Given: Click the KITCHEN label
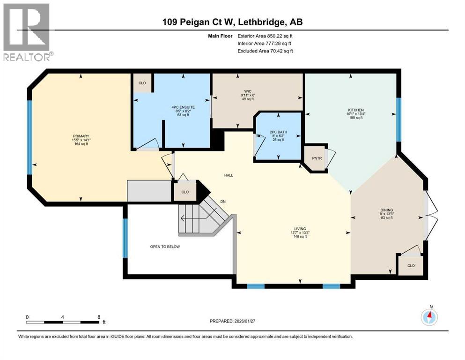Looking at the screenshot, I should click(356, 110).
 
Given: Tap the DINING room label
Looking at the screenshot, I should click(386, 210).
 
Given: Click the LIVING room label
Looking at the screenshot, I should click(300, 229).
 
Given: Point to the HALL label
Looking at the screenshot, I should click(229, 175).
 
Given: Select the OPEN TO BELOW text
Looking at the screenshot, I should click(165, 247).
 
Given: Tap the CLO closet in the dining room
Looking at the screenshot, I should click(411, 265).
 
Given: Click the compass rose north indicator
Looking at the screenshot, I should click(429, 317).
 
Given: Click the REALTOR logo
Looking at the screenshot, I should click(26, 31).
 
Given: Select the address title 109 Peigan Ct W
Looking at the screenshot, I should click(232, 22).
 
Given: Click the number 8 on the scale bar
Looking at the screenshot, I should click(99, 316).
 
